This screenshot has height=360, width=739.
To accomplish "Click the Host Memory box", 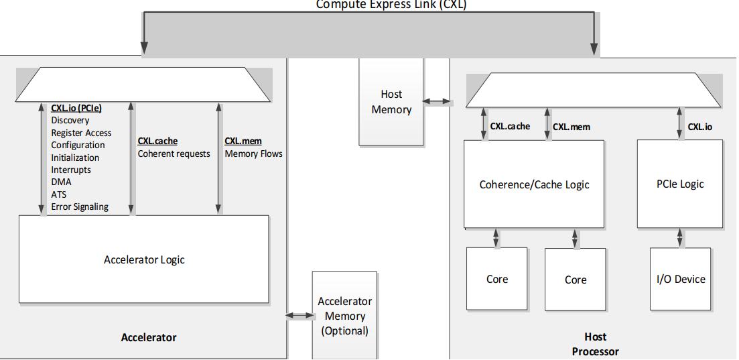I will click(x=391, y=102).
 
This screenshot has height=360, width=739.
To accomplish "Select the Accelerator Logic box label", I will click(x=144, y=259).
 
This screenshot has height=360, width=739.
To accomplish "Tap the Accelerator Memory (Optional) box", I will click(x=344, y=316).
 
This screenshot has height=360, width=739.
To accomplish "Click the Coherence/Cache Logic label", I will click(x=534, y=184).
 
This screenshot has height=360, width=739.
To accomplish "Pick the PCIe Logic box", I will click(x=680, y=184).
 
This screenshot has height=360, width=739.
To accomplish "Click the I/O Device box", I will click(x=680, y=279).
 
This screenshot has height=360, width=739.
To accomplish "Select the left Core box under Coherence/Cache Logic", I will click(x=496, y=279).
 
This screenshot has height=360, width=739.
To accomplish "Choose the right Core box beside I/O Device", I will click(x=575, y=280).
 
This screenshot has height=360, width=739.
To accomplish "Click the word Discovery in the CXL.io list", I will click(x=70, y=120).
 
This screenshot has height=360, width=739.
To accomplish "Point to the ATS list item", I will click(x=59, y=194).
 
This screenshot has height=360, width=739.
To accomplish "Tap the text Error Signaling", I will click(x=80, y=206).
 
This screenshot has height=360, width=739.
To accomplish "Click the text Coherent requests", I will click(x=174, y=154).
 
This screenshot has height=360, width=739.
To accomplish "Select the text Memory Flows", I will click(x=253, y=154).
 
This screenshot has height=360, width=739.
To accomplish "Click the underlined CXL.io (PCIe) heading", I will click(x=76, y=108).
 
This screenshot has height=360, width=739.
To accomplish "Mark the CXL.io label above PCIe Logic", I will click(x=700, y=126).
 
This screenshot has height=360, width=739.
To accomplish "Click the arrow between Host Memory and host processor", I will click(x=438, y=102).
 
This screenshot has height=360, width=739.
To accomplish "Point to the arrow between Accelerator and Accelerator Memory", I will click(x=299, y=315).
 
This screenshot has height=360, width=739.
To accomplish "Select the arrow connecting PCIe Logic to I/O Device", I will click(x=680, y=237).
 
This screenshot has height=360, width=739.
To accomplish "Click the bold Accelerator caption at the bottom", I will click(x=148, y=337).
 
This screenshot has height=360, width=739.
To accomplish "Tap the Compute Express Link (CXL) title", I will click(x=391, y=5).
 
